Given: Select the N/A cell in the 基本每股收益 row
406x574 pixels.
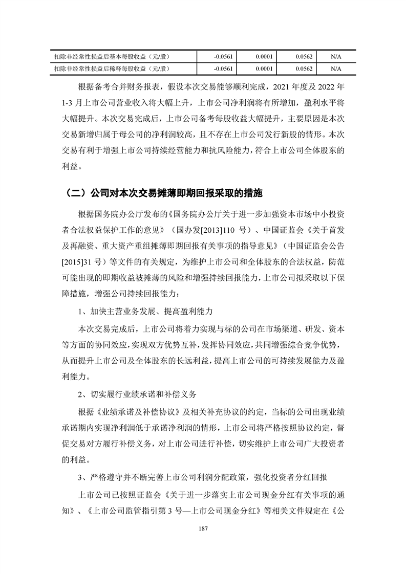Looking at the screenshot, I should click(336, 56).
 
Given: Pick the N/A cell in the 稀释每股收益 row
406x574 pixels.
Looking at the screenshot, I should click(336, 68).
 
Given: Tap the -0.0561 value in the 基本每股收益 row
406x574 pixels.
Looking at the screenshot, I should click(223, 56).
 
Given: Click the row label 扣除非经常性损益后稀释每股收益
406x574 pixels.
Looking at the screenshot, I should click(112, 68).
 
